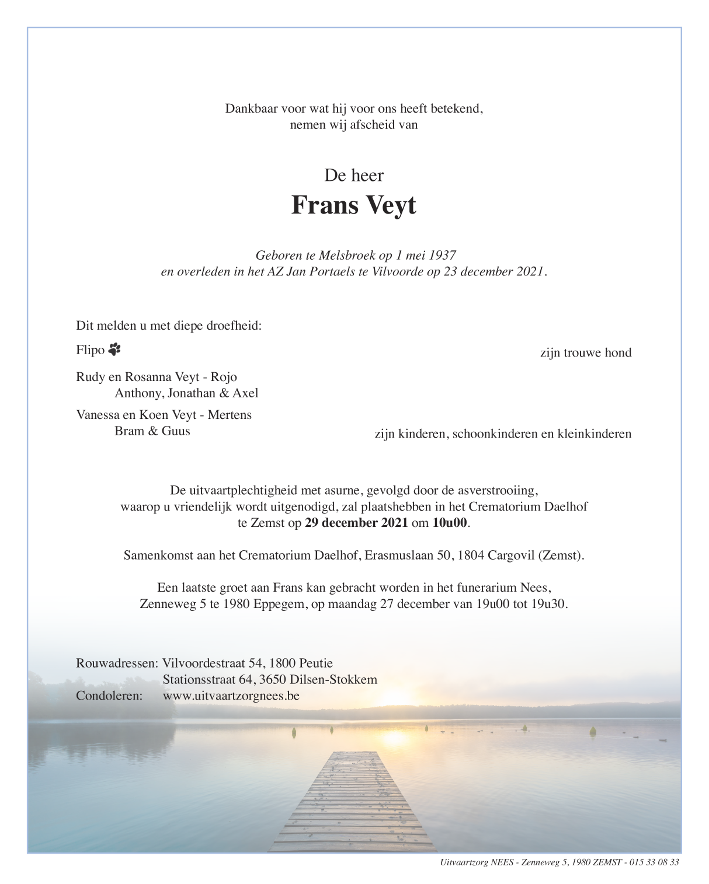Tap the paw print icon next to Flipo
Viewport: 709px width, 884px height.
(x=114, y=350)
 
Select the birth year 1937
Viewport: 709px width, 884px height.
(x=442, y=255)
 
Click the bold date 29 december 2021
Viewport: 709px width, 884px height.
(x=356, y=523)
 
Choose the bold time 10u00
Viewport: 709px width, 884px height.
(x=450, y=523)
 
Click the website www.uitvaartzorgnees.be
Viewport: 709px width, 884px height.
(x=231, y=696)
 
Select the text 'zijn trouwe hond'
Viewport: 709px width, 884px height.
(x=585, y=352)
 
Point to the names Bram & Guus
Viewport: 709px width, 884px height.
(x=152, y=431)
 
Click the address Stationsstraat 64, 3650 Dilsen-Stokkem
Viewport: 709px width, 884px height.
(x=270, y=679)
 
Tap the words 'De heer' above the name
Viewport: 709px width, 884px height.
(x=354, y=174)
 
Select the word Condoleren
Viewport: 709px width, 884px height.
(x=109, y=696)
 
